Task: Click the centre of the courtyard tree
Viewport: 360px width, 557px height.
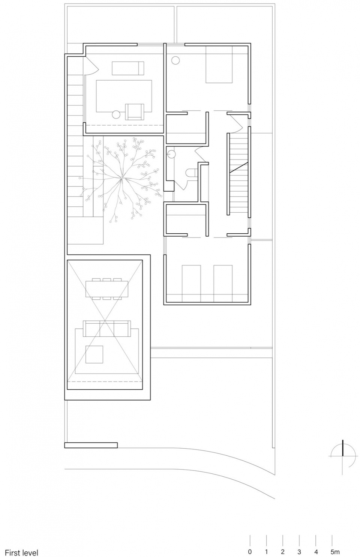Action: [x=121, y=178]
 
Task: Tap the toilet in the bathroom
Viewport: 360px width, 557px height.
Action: [x=191, y=173]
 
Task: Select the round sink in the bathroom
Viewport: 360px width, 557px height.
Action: [x=171, y=155]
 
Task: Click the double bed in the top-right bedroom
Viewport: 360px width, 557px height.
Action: [x=219, y=64]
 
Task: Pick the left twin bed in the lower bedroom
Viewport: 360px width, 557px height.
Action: [x=191, y=284]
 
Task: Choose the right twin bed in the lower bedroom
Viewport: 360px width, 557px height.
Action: [x=223, y=284]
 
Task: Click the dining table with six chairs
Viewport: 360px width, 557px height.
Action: [x=107, y=289]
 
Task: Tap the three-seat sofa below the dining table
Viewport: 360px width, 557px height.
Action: [x=106, y=329]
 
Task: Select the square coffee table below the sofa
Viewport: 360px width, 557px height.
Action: [x=94, y=354]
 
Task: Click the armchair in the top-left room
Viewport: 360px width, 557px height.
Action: [x=135, y=112]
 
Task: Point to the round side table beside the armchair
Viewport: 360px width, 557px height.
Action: [x=116, y=114]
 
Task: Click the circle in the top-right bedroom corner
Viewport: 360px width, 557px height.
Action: [x=175, y=60]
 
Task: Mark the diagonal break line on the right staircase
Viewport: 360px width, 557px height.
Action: [x=238, y=167]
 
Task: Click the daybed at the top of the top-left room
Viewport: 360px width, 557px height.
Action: [x=128, y=68]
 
